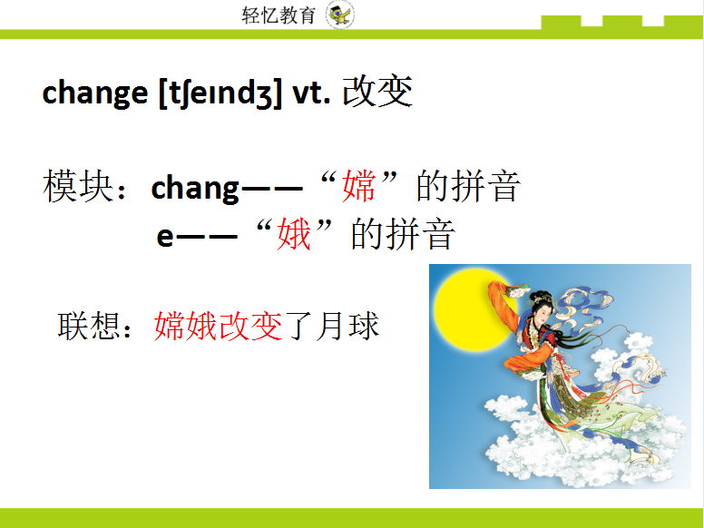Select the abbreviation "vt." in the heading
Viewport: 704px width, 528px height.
[311, 93]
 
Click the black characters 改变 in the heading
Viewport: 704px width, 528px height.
[377, 92]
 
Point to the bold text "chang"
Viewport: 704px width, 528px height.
[194, 188]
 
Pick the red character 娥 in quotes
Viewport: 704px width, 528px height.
[295, 236]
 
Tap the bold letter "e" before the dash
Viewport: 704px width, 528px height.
[164, 237]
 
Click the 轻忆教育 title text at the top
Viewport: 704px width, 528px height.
[278, 15]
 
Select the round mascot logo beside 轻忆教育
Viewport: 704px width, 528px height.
[341, 15]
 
